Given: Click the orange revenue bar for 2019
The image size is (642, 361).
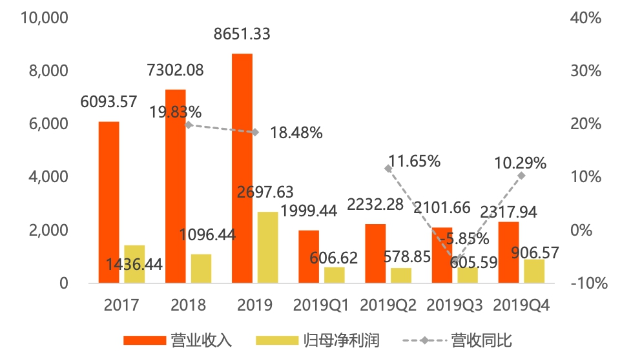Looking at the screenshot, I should [x=242, y=168].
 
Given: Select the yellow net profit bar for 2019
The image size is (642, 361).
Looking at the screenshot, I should [x=267, y=247].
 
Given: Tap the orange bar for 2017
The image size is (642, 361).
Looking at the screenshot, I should [x=109, y=201].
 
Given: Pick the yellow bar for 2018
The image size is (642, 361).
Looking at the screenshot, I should [x=201, y=268].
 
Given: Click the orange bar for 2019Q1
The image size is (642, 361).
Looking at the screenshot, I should [x=309, y=256].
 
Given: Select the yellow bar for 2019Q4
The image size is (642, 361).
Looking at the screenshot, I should [x=534, y=271].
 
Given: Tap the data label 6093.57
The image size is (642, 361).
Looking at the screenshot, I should [x=109, y=101].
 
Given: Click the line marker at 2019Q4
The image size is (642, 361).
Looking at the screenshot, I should [x=521, y=175].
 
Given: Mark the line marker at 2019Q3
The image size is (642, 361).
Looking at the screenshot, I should [x=455, y=261].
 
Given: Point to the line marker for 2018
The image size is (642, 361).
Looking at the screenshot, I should [x=189, y=125].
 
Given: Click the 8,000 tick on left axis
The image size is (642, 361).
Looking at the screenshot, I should [x=48, y=70].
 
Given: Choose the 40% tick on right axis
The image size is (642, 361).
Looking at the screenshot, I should [x=586, y=17].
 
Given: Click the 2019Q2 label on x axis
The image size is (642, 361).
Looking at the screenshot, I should [x=388, y=305].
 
